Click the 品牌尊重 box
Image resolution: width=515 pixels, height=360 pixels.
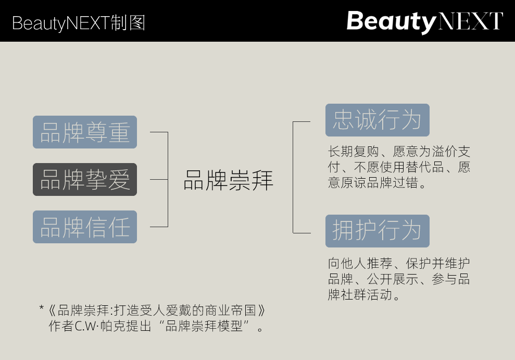[85, 132]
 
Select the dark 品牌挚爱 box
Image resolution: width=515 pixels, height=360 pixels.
[85, 180]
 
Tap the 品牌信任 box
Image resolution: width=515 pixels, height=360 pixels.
[85, 227]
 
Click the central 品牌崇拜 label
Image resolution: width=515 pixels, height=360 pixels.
[228, 180]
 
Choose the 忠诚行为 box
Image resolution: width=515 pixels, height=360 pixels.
[377, 120]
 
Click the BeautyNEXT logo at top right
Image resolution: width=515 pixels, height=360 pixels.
[424, 21]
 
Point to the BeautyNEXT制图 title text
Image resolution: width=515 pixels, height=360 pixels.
[79, 22]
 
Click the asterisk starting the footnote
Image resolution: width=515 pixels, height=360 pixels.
[42, 309]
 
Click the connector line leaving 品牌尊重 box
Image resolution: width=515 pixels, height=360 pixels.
[158, 132]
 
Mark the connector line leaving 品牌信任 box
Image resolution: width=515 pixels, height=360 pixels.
[158, 227]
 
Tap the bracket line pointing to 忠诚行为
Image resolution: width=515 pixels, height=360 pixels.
[302, 122]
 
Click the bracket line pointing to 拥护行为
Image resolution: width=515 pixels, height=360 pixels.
[302, 232]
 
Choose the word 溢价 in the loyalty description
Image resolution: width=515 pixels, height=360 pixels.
[442, 152]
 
